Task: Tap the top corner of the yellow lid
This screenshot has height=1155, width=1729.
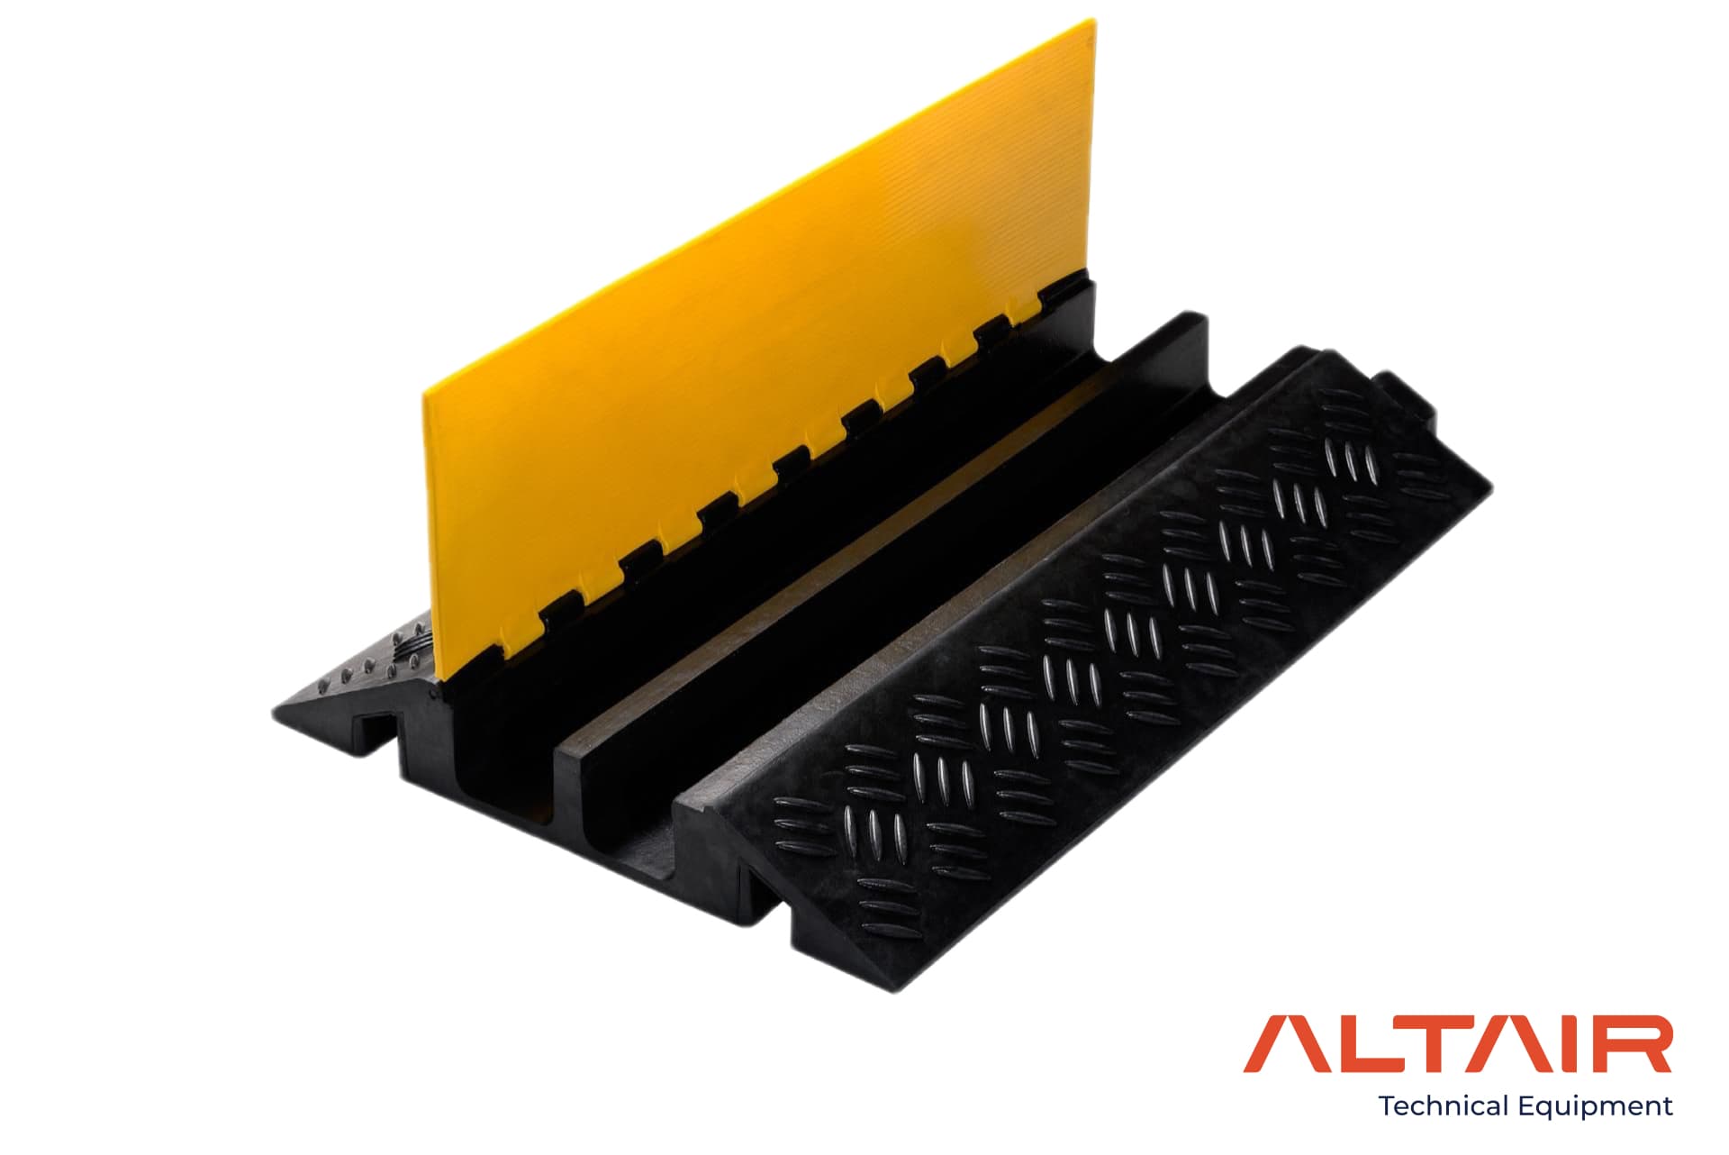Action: (x=1096, y=18)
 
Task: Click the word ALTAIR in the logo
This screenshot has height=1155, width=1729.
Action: (x=1458, y=1045)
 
